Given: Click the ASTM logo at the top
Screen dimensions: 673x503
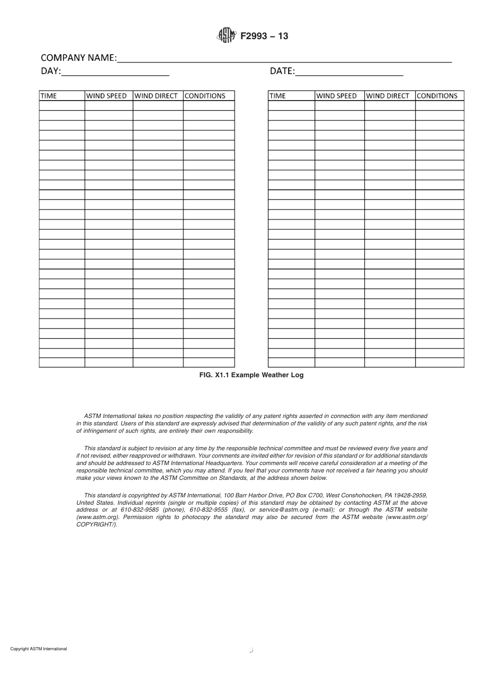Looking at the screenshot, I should (x=226, y=36).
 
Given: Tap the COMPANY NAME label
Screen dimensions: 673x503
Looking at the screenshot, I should (x=78, y=58).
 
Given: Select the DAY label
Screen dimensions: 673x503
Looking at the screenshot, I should (x=51, y=71).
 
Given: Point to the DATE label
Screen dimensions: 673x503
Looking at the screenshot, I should (x=282, y=71).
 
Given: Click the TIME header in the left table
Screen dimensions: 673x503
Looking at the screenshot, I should (x=49, y=96).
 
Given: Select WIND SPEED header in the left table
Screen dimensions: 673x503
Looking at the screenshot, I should (x=106, y=96).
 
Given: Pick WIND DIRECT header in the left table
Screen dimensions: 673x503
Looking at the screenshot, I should (x=156, y=96).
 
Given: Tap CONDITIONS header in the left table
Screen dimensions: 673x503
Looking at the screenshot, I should (x=205, y=96).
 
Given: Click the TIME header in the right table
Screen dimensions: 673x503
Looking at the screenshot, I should (x=277, y=96).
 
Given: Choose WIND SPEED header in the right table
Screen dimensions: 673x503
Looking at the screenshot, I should (x=337, y=96).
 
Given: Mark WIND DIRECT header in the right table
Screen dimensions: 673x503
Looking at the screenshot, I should (x=388, y=96).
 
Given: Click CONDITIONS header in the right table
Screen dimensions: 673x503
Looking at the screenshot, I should (x=437, y=96).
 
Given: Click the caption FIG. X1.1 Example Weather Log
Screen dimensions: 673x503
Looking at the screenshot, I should (x=251, y=375).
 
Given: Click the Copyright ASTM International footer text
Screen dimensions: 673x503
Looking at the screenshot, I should (x=39, y=649).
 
